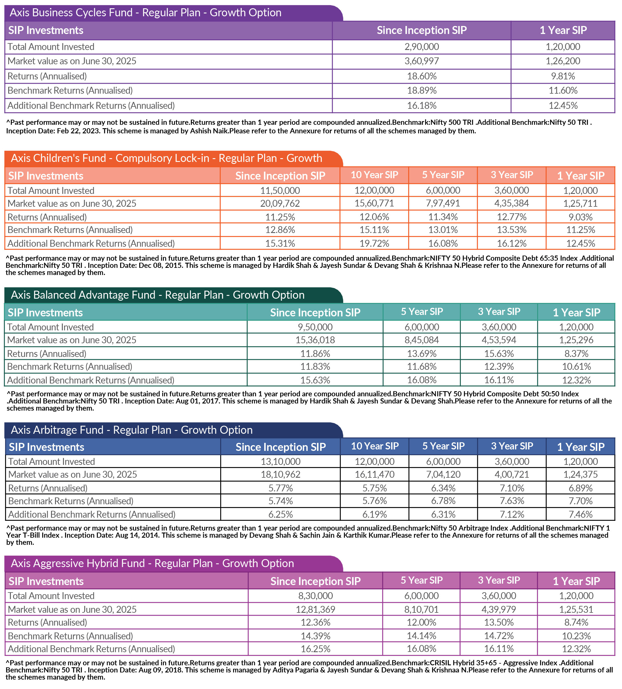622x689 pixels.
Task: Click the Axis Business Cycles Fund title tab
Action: [x=146, y=13]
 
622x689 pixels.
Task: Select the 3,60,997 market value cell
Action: [x=421, y=61]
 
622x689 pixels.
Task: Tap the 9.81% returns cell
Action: [x=563, y=76]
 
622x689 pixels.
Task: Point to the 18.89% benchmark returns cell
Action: [x=421, y=91]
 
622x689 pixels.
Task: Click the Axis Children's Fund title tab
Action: [x=167, y=158]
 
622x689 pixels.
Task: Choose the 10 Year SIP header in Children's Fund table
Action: [x=374, y=175]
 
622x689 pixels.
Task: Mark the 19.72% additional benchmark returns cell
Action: [x=374, y=243]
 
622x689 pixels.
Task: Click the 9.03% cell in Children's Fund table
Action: [x=580, y=217]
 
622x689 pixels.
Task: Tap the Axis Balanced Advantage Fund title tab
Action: [x=158, y=295]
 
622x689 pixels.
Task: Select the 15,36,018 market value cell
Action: [x=315, y=340]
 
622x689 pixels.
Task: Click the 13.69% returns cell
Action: [x=421, y=353]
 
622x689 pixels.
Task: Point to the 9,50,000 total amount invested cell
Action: [x=315, y=327]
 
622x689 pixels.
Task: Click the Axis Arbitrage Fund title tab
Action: [x=132, y=430]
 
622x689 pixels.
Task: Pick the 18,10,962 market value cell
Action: [x=280, y=474]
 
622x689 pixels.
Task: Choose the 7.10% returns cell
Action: [x=512, y=488]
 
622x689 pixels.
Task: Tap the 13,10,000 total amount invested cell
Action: [x=280, y=461]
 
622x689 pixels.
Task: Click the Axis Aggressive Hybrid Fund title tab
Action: [x=152, y=563]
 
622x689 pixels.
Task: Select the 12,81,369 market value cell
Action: [x=315, y=609]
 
